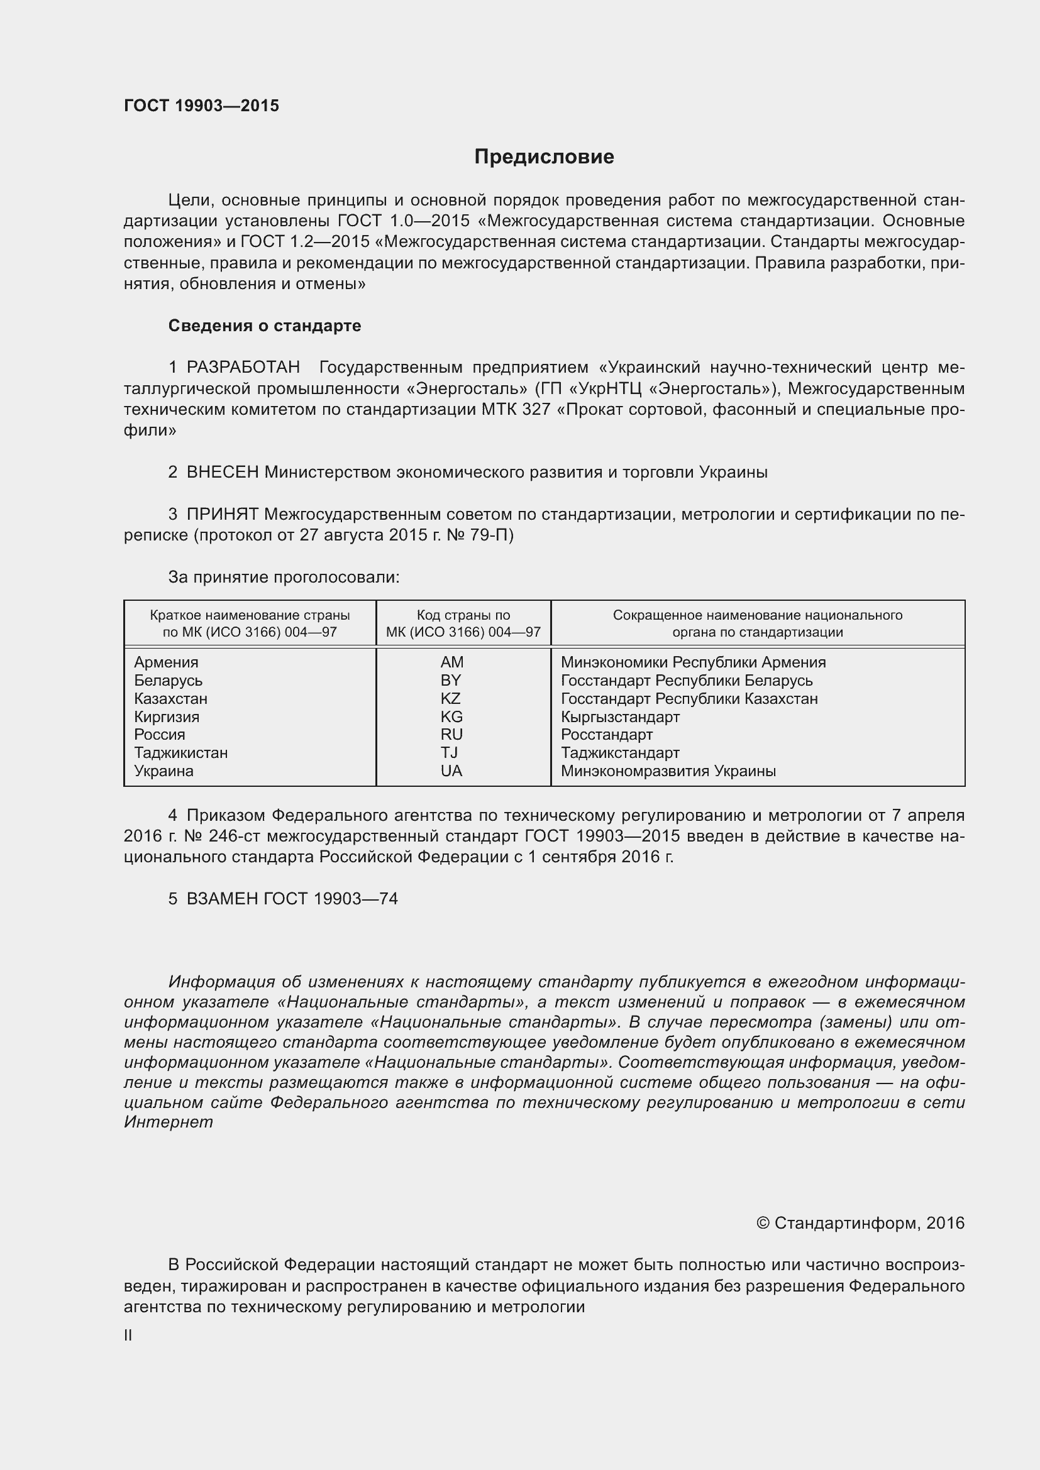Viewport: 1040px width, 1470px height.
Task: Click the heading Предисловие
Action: (544, 157)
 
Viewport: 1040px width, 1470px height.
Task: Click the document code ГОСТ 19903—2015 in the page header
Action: (201, 106)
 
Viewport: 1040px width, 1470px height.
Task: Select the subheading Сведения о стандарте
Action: (265, 326)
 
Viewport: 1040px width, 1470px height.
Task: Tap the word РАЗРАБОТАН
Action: (243, 368)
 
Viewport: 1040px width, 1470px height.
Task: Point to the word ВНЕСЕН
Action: (222, 473)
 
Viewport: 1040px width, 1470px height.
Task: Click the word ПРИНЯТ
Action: (222, 514)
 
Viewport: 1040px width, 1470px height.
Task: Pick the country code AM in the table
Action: (451, 662)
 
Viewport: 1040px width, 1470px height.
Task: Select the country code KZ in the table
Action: (451, 698)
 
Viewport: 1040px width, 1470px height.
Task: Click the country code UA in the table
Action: (451, 771)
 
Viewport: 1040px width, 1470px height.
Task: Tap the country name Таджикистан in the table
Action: (180, 753)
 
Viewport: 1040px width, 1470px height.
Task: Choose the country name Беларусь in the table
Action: (168, 681)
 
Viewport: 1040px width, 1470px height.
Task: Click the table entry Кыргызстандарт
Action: (619, 717)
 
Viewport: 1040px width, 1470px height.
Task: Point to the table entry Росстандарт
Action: (606, 735)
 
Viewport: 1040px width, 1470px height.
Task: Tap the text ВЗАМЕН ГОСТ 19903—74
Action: (291, 899)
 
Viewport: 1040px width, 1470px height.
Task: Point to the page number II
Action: (128, 1336)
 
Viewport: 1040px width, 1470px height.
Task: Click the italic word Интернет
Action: (168, 1122)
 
